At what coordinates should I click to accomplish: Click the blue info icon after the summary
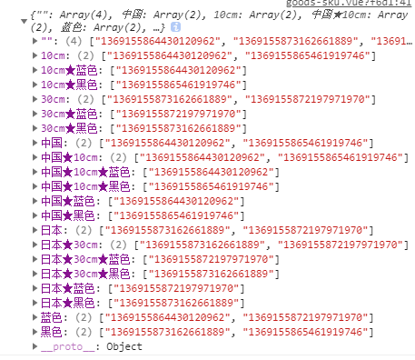pos(175,27)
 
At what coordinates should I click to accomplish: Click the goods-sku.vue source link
pos(349,3)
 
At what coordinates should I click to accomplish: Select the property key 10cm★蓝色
pos(69,70)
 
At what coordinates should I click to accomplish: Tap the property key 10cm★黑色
pos(69,85)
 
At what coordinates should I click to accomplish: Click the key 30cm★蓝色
pos(69,114)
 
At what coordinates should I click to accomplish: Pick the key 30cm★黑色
pos(69,128)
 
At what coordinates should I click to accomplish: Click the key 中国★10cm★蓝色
pos(85,172)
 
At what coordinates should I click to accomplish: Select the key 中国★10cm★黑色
pos(85,186)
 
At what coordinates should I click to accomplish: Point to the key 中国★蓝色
pos(68,201)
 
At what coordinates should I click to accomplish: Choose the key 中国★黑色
pos(68,215)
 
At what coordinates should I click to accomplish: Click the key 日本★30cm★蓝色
pos(85,259)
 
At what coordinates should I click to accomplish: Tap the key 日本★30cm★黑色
pos(85,274)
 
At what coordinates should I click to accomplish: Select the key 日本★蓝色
pos(68,288)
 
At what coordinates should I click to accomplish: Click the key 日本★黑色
pos(68,303)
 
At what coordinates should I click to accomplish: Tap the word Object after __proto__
pos(124,346)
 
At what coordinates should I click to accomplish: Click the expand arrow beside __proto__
pos(35,346)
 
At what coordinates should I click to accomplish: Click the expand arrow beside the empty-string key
pos(35,41)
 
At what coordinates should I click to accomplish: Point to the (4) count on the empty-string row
pos(74,41)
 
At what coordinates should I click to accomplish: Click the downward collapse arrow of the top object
pos(24,21)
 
